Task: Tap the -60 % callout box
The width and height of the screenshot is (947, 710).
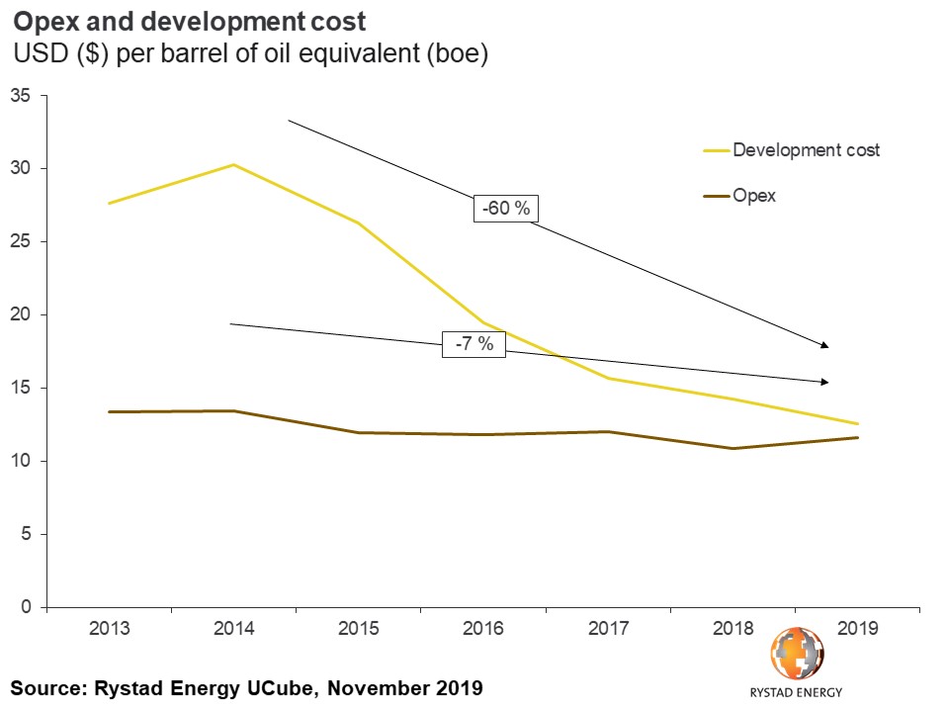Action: coord(508,211)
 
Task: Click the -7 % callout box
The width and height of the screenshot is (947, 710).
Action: coord(474,345)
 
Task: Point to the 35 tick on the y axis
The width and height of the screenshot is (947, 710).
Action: coord(21,96)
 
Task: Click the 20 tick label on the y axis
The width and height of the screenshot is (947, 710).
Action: coord(21,315)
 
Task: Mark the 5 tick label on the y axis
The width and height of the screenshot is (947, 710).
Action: coord(26,535)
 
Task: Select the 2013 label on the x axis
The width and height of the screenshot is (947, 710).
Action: coord(109,629)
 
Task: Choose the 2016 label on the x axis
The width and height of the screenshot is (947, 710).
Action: coord(483,629)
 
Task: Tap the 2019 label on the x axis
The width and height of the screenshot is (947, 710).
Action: coord(857,629)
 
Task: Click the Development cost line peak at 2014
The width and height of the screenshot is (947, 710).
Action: coord(233,164)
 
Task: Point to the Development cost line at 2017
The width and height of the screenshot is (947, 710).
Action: coord(608,379)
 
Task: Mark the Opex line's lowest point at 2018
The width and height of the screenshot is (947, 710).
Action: coord(732,448)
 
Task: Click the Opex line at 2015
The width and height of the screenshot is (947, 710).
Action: coord(358,432)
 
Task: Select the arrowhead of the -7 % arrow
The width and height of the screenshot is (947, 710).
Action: coord(824,382)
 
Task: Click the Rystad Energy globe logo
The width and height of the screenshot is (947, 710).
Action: coord(796,654)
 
